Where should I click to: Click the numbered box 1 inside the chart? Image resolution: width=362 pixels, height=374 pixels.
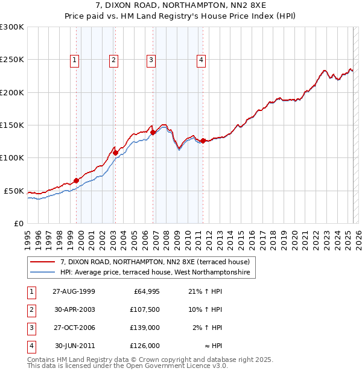tap(74, 59)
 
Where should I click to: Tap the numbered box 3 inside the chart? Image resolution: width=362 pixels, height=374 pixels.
tap(150, 59)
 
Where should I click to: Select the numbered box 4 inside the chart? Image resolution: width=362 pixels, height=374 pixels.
tap(201, 59)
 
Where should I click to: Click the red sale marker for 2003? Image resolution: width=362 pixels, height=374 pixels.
tap(115, 153)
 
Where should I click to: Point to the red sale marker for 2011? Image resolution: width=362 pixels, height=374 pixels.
tap(203, 141)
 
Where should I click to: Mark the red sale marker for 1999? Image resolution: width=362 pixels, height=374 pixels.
tap(77, 180)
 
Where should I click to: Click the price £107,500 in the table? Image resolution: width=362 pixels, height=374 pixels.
tap(145, 310)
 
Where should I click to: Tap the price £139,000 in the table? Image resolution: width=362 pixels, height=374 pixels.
tap(145, 328)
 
